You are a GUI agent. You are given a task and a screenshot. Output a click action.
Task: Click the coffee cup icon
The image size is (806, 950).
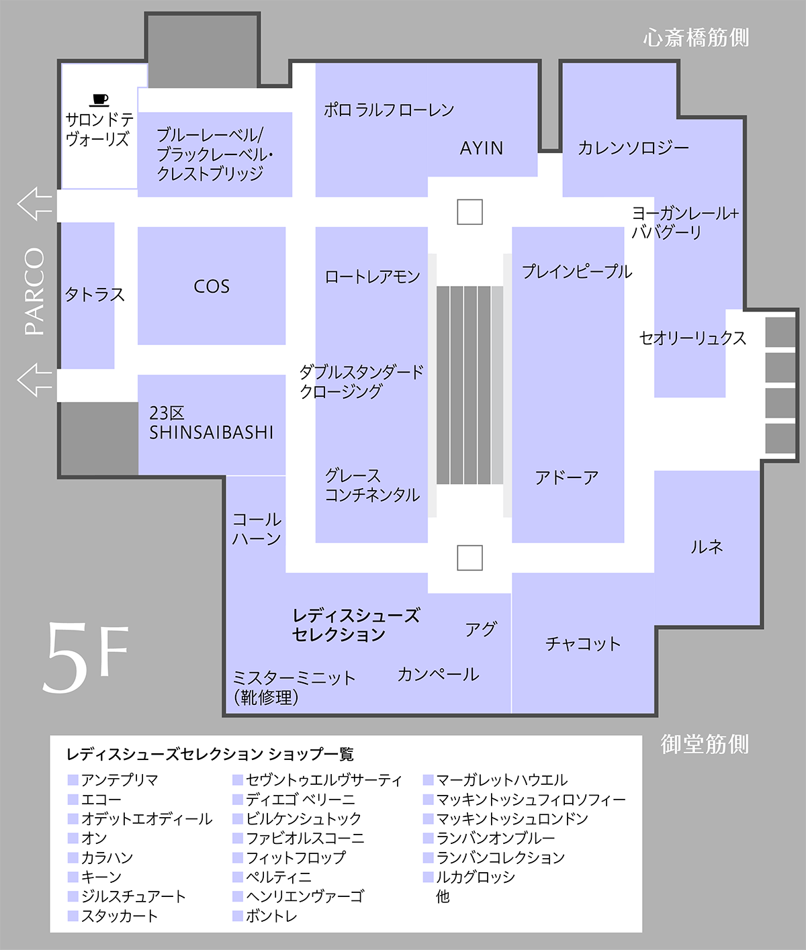(99, 99)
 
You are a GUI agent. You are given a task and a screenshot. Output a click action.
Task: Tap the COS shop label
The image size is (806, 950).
(212, 287)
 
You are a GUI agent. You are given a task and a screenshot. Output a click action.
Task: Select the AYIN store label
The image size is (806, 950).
(482, 148)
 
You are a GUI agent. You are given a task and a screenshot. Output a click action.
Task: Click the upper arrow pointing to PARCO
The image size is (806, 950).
(35, 204)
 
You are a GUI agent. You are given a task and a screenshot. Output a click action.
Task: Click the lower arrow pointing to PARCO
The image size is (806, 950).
(35, 379)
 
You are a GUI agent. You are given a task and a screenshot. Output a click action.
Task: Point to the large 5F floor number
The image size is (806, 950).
(85, 657)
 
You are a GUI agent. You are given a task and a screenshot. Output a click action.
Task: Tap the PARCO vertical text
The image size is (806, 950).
(35, 291)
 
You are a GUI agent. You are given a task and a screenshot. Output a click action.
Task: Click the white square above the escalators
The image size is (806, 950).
(469, 212)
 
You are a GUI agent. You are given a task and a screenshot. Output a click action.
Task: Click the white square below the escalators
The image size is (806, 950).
(469, 557)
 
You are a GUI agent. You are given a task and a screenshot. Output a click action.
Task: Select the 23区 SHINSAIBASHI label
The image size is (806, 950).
(211, 423)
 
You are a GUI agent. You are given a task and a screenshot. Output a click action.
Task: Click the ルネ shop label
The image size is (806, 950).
(707, 547)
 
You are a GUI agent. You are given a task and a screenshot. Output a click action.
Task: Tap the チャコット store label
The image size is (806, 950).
(583, 644)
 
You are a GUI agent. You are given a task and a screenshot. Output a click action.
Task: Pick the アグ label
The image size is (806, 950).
(481, 629)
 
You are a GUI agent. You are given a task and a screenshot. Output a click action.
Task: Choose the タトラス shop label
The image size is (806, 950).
(95, 295)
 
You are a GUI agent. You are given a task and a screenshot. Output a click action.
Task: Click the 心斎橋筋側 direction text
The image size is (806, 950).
(696, 38)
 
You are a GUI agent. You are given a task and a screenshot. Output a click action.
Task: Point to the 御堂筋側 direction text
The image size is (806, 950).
(705, 744)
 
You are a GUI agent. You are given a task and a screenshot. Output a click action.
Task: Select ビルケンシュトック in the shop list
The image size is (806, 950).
(304, 818)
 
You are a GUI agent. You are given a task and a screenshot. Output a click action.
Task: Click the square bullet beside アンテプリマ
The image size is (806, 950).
(73, 780)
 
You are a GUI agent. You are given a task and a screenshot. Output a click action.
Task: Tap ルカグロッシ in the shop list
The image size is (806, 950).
(476, 877)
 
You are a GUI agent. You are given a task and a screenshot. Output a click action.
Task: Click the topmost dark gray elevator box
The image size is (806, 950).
(780, 332)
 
